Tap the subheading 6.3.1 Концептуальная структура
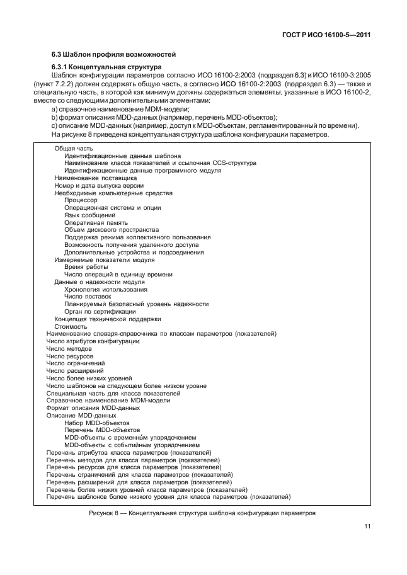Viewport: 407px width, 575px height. [x=106, y=67]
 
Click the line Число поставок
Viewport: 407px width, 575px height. [x=88, y=297]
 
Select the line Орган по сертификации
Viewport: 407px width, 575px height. [x=100, y=311]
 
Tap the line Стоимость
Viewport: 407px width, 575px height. [x=71, y=327]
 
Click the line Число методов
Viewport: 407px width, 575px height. [x=69, y=348]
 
